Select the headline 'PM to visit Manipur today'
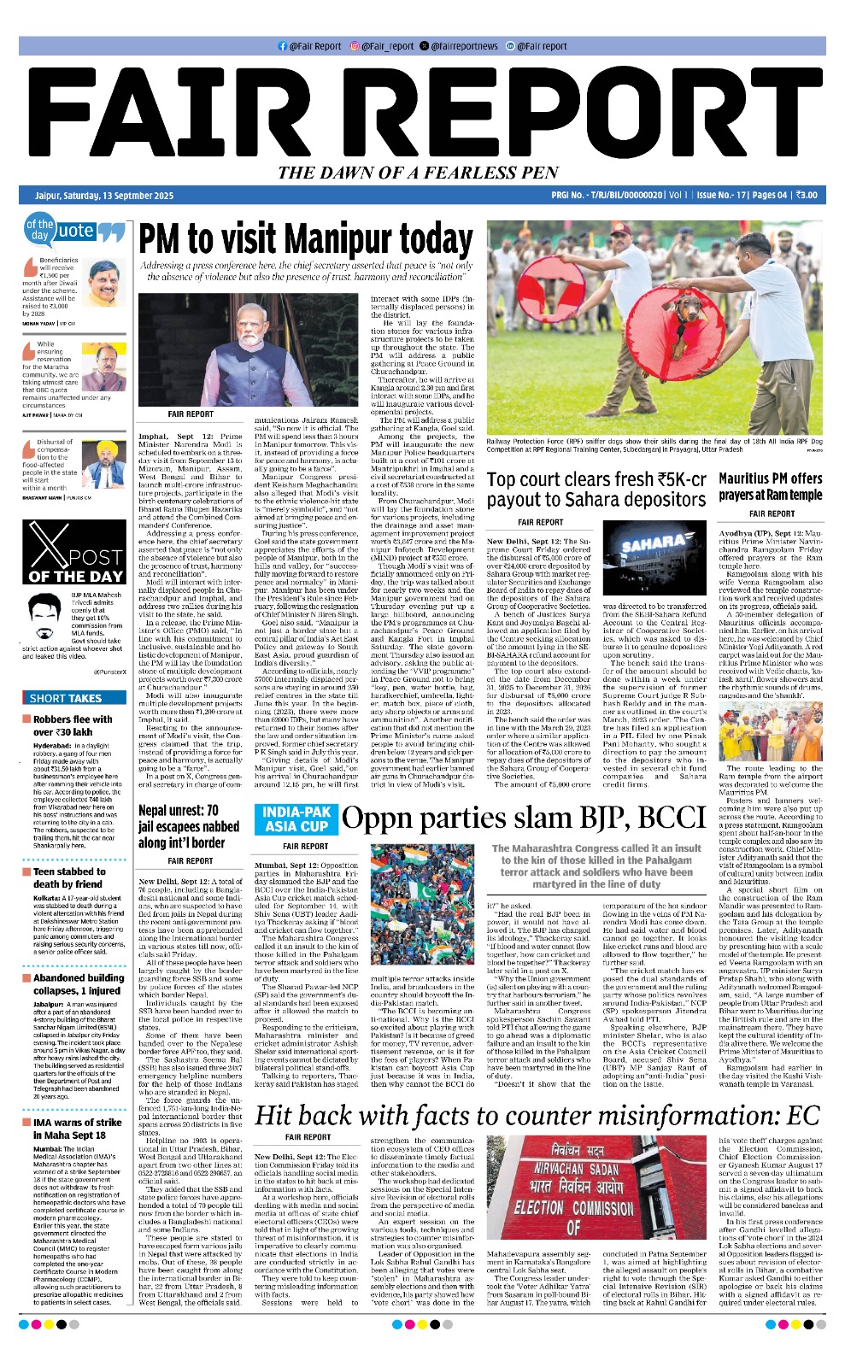(306, 239)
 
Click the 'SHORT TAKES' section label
(66, 698)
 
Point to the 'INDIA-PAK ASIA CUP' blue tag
(296, 819)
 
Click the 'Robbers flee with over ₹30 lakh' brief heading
(73, 725)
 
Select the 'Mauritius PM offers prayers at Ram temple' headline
(770, 486)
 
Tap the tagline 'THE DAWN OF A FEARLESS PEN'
(418, 173)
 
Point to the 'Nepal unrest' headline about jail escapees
(189, 826)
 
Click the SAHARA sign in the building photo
(653, 544)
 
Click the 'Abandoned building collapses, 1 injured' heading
(78, 984)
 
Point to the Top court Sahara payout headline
(596, 490)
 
